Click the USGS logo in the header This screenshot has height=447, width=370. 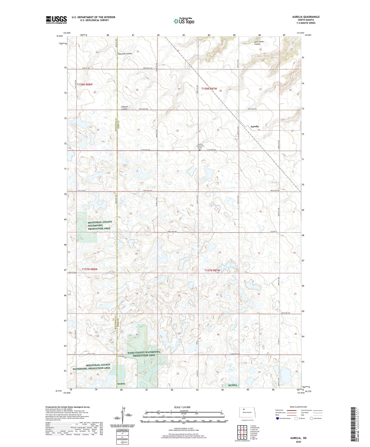point(56,20)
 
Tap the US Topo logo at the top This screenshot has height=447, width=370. point(184,21)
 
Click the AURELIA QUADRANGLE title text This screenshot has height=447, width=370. point(306,17)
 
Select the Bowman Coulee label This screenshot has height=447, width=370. point(125,54)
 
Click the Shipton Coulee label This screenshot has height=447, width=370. point(124,108)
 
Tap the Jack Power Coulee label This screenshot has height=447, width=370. point(259,43)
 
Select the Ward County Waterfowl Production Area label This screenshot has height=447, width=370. point(146,354)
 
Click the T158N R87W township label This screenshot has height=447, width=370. point(209,89)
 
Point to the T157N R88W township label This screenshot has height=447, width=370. point(90,269)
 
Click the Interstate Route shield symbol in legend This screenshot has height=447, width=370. point(278,418)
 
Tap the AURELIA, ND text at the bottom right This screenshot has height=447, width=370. point(298,438)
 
